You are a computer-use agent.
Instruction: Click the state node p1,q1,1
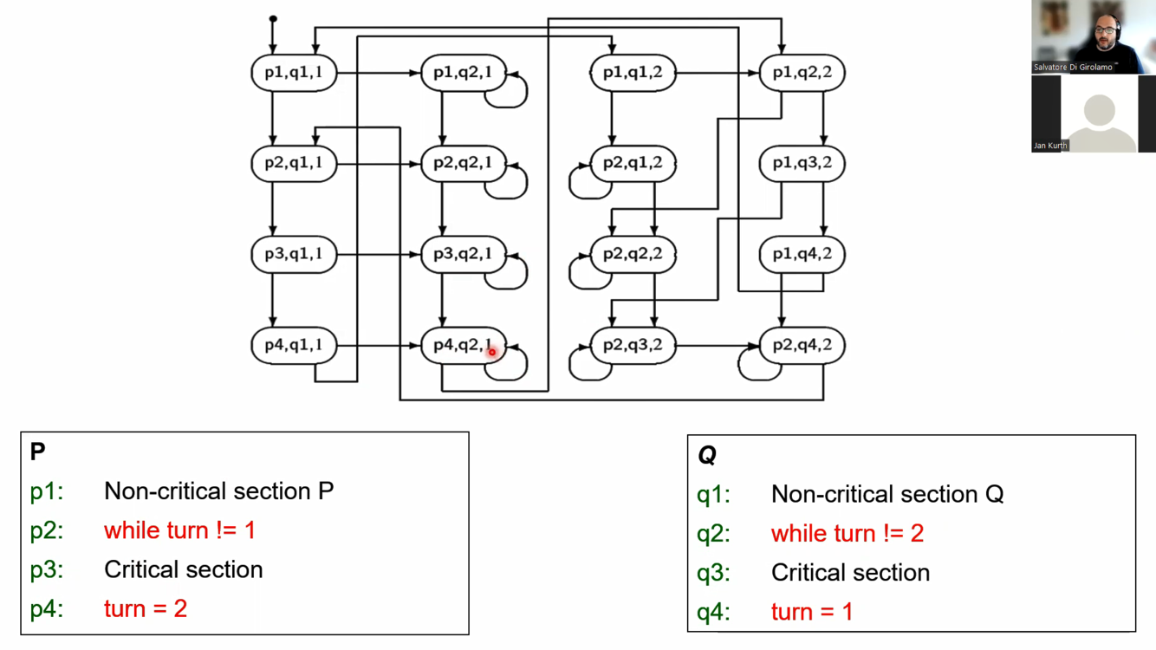(294, 73)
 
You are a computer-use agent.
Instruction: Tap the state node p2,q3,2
(633, 345)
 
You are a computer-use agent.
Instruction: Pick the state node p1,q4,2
(802, 254)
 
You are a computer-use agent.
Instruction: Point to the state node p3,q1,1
(294, 254)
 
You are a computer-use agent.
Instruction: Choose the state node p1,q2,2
(802, 73)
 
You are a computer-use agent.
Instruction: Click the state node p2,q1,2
(633, 163)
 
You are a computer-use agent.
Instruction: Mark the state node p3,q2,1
(463, 254)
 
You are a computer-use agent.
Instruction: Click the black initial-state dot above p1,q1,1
(273, 18)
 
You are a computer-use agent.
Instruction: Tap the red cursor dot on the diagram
(491, 352)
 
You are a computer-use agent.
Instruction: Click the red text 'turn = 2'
(146, 608)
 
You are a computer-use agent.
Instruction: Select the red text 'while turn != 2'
(848, 533)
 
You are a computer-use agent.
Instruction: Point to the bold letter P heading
(37, 452)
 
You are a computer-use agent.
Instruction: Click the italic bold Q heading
(706, 455)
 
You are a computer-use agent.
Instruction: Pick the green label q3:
(713, 573)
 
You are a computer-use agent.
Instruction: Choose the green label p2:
(47, 530)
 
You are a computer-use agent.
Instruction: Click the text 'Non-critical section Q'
(887, 494)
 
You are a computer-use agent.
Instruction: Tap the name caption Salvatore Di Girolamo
(1072, 67)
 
